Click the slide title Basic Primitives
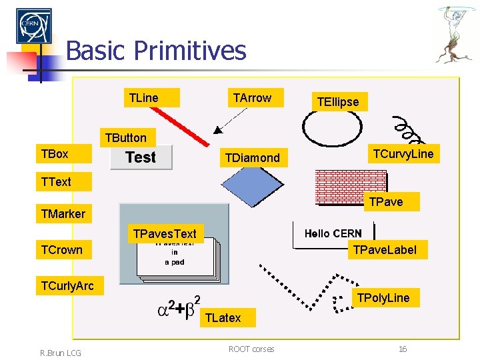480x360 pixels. tap(156, 51)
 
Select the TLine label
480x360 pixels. tap(143, 98)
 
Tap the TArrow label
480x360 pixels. tap(252, 98)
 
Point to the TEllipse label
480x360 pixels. tap(338, 102)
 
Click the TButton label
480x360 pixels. tap(125, 138)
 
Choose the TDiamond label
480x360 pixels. tap(253, 158)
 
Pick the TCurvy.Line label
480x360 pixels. tap(403, 155)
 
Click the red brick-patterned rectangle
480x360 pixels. tap(350, 189)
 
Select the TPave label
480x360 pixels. tap(387, 201)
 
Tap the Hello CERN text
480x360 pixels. tap(333, 233)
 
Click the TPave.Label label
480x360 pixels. tap(385, 250)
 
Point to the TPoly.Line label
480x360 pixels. tap(384, 297)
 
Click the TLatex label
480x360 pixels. tap(223, 318)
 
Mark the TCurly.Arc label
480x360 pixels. tap(67, 286)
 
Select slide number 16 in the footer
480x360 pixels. tap(402, 349)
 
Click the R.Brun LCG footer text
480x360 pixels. tap(60, 353)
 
